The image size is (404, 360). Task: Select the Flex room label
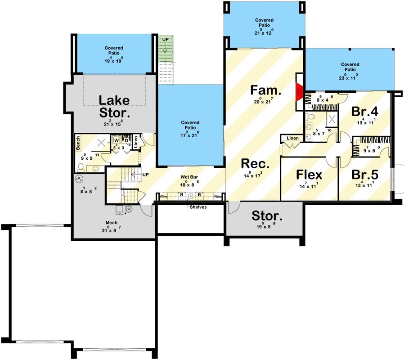309,175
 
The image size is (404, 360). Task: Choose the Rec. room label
255,163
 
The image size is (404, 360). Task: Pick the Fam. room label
265,90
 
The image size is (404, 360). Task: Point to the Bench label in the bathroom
78,143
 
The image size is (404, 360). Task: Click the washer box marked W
116,140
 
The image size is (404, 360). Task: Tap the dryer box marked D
126,139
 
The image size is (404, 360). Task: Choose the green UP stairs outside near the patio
165,47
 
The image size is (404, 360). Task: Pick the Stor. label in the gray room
267,216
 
